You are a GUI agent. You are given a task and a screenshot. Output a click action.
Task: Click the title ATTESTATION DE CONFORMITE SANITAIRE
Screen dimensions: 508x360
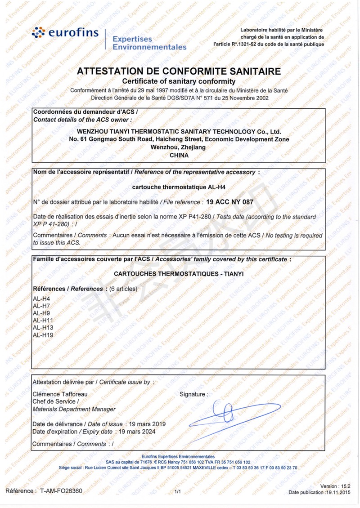coord(179,71)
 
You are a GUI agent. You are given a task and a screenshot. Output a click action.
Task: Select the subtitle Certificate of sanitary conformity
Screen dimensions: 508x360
coord(179,81)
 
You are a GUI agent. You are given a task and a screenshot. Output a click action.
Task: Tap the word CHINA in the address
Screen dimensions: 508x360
coord(179,155)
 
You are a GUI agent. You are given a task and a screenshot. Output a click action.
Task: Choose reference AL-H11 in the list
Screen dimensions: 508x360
coord(43,320)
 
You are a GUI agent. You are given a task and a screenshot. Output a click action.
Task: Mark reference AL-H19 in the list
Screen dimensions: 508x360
coord(43,334)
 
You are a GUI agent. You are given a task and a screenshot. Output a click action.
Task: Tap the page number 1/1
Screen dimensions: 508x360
coord(177,492)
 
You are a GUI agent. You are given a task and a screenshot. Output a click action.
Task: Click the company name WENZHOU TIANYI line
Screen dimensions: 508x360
coord(179,132)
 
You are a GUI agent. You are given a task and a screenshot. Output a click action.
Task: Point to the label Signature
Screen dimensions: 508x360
coord(194,394)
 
